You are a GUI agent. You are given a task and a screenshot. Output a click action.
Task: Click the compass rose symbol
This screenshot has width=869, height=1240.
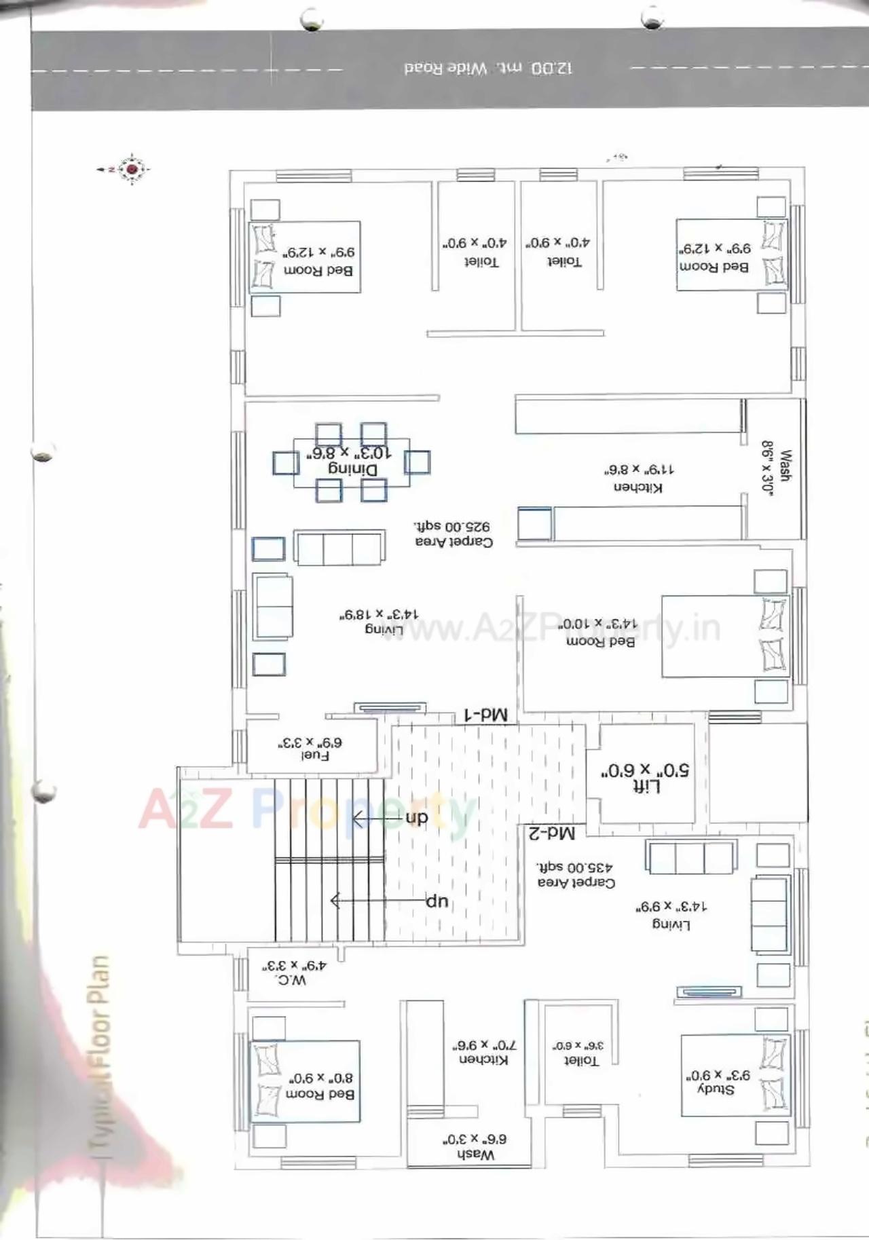(x=131, y=169)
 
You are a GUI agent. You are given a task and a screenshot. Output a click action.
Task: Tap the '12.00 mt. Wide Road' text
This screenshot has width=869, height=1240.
(x=488, y=69)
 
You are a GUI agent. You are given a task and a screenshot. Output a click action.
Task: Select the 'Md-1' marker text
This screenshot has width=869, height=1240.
(x=485, y=715)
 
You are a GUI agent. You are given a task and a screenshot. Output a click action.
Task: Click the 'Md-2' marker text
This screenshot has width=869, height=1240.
(x=551, y=833)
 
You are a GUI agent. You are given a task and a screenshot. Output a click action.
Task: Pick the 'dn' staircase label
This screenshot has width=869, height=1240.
(x=416, y=818)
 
